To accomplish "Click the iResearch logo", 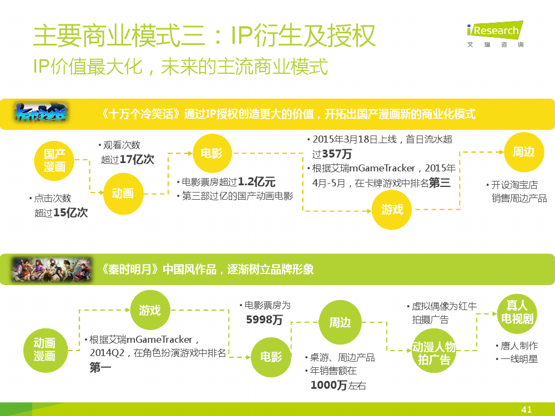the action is [x=495, y=34].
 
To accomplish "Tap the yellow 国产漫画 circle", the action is [x=54, y=161].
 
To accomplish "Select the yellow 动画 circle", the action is [x=123, y=194].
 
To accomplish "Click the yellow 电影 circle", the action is [x=212, y=153].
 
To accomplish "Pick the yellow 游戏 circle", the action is [x=392, y=210].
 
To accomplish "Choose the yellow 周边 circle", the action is [x=524, y=152].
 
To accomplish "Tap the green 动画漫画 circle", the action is [x=45, y=350].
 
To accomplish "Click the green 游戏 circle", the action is [x=150, y=310].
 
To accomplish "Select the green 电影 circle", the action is [x=271, y=357].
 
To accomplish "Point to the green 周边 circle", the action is [x=340, y=322].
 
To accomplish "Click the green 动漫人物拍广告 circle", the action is [x=434, y=350].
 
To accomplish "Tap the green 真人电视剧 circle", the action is [x=517, y=313].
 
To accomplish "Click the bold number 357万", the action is [x=337, y=154].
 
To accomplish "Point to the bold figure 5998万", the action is [x=264, y=320].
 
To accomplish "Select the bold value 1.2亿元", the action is [x=256, y=182].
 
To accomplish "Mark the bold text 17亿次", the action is [x=137, y=160].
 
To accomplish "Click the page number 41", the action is [x=527, y=410].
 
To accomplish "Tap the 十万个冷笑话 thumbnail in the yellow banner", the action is [x=41, y=113].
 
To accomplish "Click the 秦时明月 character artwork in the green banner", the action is [x=52, y=270].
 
